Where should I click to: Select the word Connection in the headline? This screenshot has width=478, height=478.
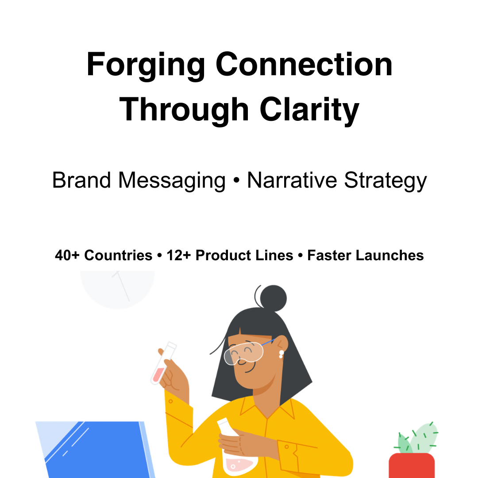tap(304, 65)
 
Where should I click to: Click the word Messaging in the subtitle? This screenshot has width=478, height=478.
tap(172, 181)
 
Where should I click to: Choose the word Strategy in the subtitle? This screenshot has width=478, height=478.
tap(385, 181)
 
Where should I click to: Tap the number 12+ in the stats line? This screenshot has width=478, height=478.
tap(179, 255)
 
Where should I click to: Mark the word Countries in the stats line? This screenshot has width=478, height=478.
tap(118, 255)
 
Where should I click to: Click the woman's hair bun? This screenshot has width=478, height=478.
tap(273, 297)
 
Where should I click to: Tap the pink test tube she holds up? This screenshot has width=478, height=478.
tap(162, 363)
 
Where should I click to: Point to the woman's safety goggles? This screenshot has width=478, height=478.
tap(244, 352)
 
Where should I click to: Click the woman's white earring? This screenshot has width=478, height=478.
tap(281, 354)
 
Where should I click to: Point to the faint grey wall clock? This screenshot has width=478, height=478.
tap(118, 288)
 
